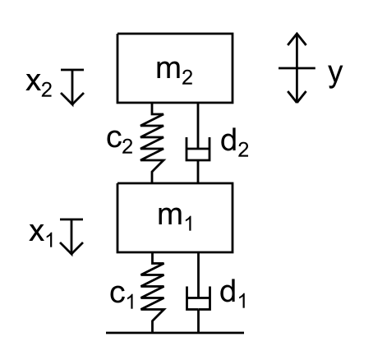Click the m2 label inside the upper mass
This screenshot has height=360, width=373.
point(174,72)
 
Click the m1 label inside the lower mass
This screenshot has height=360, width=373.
point(175,219)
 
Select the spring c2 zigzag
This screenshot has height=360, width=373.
point(152,142)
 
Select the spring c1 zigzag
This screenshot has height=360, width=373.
point(152,292)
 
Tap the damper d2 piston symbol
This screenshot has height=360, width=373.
point(198,149)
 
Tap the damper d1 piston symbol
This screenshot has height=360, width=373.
point(198,298)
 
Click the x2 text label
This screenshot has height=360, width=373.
point(39,85)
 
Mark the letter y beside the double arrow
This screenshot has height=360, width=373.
point(335,76)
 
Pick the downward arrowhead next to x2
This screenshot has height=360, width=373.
point(72,99)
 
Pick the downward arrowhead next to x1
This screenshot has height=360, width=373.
point(71,249)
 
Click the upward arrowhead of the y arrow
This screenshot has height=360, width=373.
point(297,39)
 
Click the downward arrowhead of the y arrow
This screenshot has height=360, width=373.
point(297,97)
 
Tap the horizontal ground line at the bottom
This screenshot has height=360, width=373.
point(175,333)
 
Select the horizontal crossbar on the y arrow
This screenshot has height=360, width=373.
point(297,67)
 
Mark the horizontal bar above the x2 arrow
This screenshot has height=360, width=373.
point(72,70)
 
